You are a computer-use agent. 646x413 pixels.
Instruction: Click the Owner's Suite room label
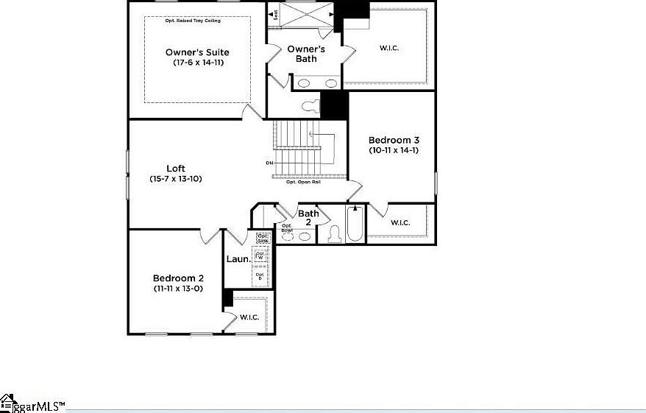[196, 52]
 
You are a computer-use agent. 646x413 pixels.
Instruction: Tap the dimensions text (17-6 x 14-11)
[198, 63]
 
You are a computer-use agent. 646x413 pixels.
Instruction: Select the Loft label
[175, 169]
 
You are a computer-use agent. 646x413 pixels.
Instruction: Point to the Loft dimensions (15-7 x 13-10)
[175, 179]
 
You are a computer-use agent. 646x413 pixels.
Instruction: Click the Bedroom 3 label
[394, 140]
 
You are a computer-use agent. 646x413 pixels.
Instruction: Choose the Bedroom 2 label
[178, 278]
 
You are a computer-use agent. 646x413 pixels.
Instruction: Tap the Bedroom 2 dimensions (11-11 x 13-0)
[178, 289]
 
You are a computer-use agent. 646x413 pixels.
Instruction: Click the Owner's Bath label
[306, 54]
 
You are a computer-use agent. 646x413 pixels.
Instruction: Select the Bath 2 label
[308, 218]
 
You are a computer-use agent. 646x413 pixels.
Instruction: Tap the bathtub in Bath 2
[354, 224]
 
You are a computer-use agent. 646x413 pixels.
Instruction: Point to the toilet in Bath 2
[333, 233]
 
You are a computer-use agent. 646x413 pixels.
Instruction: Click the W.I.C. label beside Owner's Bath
[389, 49]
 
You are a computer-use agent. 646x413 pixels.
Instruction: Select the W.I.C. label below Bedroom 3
[400, 222]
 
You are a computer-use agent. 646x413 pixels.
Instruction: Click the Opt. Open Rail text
[303, 182]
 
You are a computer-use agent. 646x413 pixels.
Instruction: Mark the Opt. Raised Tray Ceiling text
[196, 21]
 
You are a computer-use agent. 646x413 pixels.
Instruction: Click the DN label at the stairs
[269, 163]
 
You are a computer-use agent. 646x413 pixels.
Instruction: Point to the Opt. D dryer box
[259, 276]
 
